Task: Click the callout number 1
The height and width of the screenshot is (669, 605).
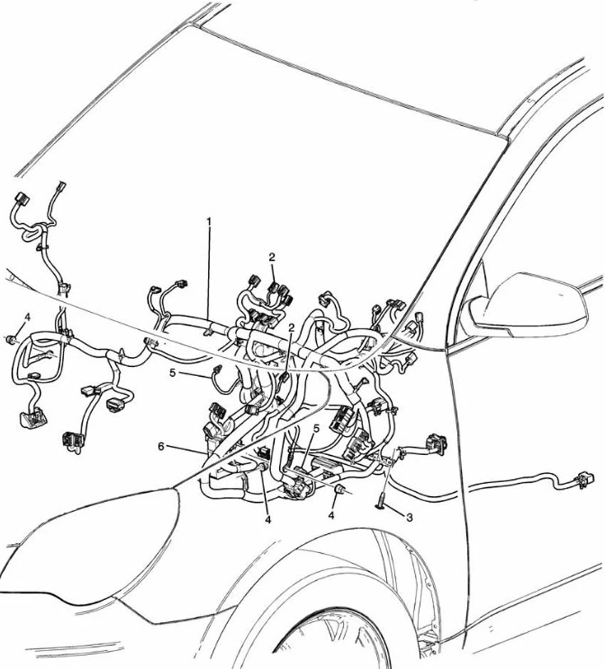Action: point(209,222)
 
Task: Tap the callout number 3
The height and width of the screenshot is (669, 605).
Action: point(409,518)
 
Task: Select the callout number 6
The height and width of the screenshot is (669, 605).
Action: point(161,446)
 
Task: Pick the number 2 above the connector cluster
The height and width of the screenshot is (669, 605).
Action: point(272,257)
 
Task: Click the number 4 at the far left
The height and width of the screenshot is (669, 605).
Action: point(27,316)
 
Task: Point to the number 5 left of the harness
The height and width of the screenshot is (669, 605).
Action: point(172,372)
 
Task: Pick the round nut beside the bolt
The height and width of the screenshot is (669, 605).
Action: point(341,490)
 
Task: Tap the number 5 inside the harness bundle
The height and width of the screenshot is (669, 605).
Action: point(316,429)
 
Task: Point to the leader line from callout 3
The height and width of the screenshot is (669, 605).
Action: point(395,511)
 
